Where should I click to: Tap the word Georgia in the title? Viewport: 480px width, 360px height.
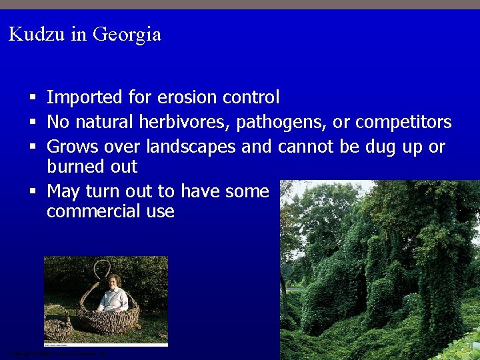[x=127, y=35]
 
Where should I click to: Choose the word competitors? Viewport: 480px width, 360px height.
[x=403, y=123]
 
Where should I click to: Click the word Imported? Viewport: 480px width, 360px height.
[x=85, y=98]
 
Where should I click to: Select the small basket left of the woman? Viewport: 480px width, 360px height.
[x=59, y=323]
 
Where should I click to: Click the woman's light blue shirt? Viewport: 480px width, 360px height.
[x=113, y=300]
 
